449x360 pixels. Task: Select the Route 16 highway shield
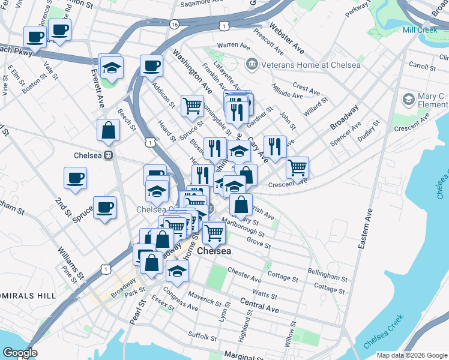174,25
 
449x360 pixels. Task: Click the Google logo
20,353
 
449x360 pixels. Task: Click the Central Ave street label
259,304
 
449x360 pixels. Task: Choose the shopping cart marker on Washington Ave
192,106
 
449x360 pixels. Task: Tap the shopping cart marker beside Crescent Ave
297,168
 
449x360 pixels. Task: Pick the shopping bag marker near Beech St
108,130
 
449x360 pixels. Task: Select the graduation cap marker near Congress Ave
177,271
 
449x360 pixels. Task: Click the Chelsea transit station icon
109,155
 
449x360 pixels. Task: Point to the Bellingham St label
327,274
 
